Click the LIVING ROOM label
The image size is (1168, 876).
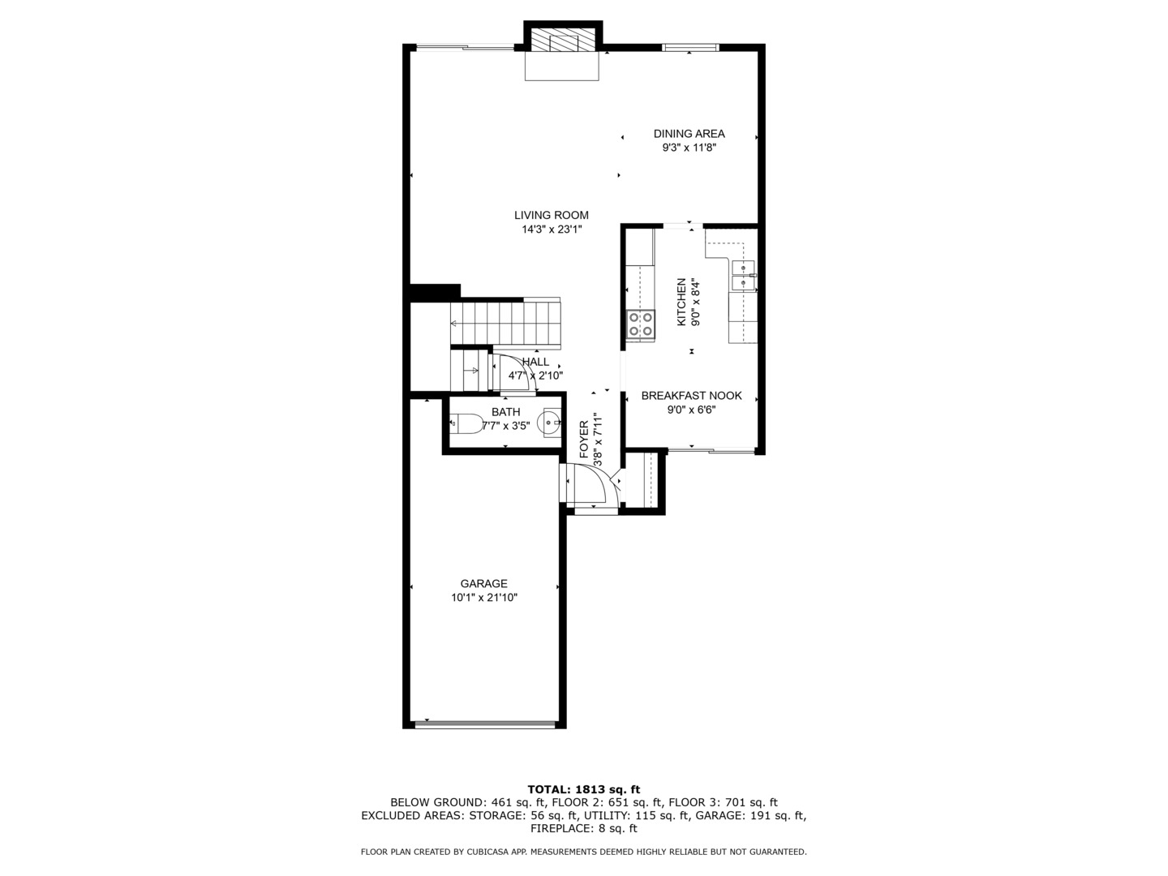pos(551,215)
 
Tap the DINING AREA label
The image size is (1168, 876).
pos(689,134)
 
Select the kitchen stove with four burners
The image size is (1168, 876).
pos(641,324)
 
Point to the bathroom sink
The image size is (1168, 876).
pos(552,422)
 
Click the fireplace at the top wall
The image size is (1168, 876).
pos(562,43)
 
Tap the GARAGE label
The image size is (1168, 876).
pos(483,583)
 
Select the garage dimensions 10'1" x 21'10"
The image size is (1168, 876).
pos(484,598)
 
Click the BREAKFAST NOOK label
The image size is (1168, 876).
pos(691,396)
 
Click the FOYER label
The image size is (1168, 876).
pos(584,439)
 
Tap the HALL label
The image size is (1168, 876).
pos(535,362)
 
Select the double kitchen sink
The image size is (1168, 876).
pos(743,275)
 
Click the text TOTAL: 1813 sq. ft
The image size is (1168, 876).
pos(583,788)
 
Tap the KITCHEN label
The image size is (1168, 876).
pos(681,302)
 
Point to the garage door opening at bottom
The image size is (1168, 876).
pos(484,723)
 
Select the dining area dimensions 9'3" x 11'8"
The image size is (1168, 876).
pos(689,148)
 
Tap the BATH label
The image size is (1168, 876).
pos(505,412)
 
